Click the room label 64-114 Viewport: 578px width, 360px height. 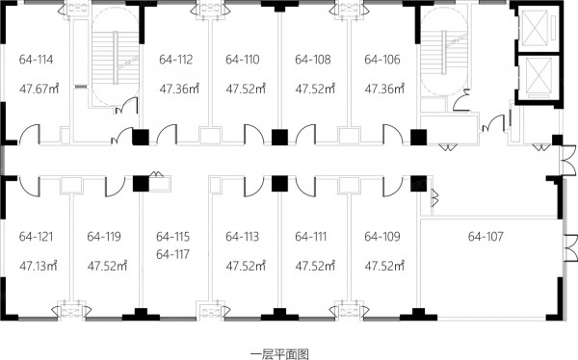[37, 60]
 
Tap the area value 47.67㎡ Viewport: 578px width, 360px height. [39, 89]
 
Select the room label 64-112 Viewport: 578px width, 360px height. [176, 60]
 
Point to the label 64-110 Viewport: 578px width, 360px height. [243, 60]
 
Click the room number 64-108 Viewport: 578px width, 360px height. [313, 60]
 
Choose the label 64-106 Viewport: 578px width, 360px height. [382, 60]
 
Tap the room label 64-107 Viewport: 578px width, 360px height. [486, 236]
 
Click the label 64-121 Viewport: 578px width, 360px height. [37, 236]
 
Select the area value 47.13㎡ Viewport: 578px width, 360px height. [39, 266]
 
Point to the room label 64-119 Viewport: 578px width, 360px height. [104, 236]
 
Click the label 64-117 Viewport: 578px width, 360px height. [172, 254]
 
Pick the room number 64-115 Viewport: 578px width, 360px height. [172, 237]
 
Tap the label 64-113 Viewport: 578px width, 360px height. [242, 236]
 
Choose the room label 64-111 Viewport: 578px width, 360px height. [311, 236]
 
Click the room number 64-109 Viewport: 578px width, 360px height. [382, 236]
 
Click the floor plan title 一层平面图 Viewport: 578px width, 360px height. [279, 354]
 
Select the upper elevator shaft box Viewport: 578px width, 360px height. [535, 28]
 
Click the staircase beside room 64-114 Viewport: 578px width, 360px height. [116, 58]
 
